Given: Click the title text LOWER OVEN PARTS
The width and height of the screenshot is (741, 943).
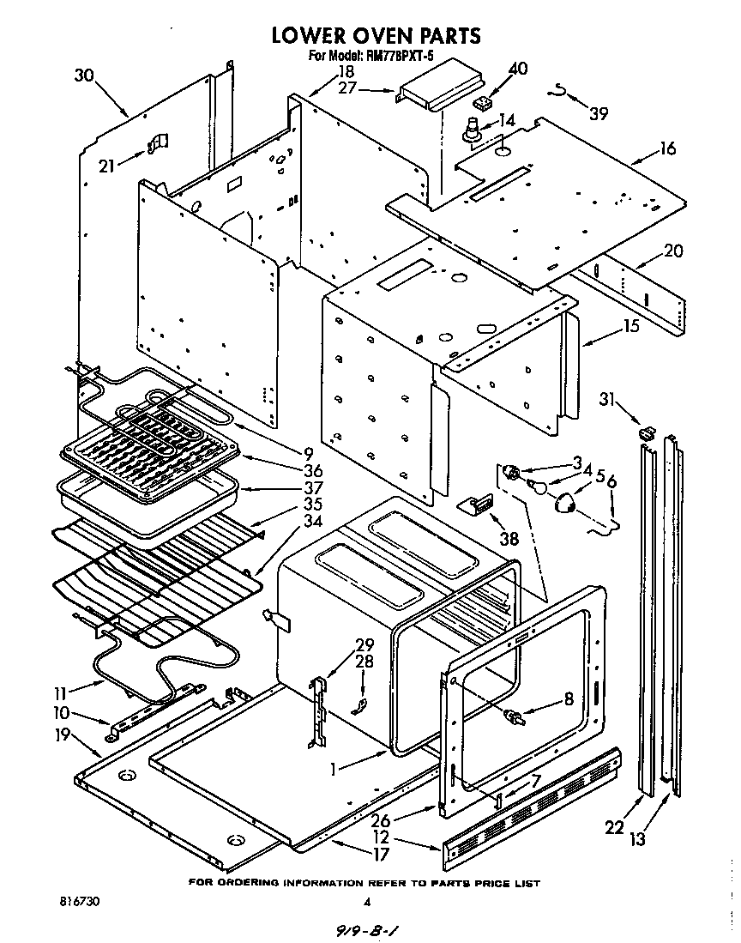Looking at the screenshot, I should click(x=376, y=35).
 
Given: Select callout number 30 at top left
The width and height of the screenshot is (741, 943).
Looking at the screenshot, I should click(x=83, y=76).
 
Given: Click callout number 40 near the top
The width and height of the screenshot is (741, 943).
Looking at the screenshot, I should click(x=518, y=69).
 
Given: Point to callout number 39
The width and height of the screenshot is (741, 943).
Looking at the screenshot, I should click(x=598, y=113).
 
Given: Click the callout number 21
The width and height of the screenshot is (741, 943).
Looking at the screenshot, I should click(x=106, y=166).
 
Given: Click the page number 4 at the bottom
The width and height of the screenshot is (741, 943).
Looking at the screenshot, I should click(x=366, y=902).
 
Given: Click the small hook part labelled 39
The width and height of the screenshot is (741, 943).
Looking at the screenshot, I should click(x=559, y=88).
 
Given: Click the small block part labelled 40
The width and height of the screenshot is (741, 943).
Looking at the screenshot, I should click(x=485, y=103).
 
